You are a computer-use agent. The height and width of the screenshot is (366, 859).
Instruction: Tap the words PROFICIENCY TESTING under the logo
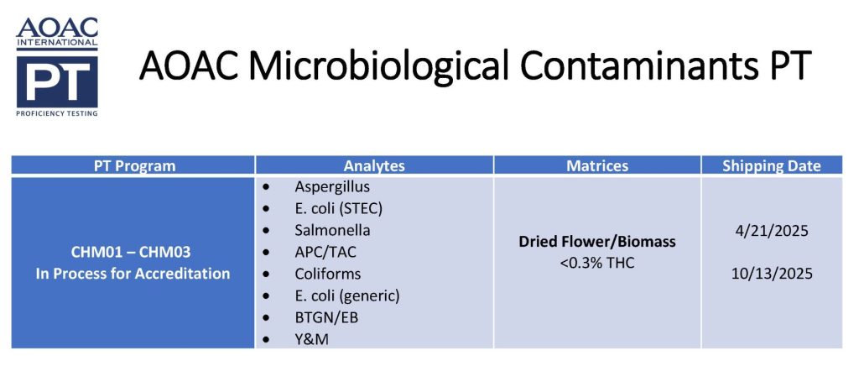pos(57,113)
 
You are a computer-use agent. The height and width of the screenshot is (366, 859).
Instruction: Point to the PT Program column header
pos(133,166)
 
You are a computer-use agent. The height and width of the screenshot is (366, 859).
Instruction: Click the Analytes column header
pos(374,166)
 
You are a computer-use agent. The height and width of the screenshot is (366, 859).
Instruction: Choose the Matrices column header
pos(597,166)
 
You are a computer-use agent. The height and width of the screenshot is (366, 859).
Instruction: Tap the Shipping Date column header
pos(772,166)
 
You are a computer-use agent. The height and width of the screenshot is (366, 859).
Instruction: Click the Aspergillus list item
pos(332,187)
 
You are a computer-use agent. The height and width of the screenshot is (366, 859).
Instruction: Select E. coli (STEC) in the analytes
pos(339,209)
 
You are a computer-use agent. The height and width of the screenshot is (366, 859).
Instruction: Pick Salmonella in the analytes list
pos(332,230)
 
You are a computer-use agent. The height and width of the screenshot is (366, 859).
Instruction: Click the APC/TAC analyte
pos(325,252)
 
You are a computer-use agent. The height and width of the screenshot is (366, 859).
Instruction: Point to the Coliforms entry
pos(328,274)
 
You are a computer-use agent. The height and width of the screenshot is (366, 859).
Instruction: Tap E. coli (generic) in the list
pos(347,296)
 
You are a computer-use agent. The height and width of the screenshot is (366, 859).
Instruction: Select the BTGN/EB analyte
pos(326,318)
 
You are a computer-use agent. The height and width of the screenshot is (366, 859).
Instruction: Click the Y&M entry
pos(312,340)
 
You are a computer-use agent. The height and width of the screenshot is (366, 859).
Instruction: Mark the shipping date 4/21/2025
pos(772,231)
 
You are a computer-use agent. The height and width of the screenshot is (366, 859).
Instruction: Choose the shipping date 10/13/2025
pos(772,274)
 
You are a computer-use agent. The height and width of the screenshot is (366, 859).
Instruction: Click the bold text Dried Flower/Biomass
pos(597,242)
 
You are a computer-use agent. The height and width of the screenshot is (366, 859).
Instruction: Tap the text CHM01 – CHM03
pos(131,253)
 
